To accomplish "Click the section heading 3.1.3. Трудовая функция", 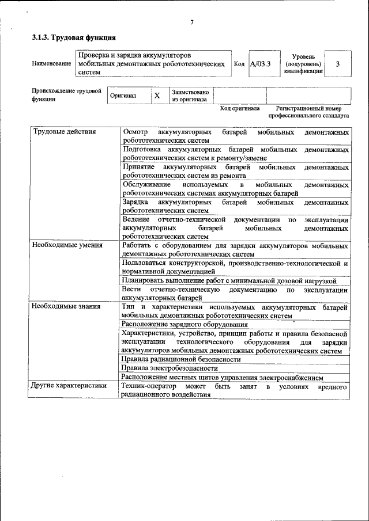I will point(74,38).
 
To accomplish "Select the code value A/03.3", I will point(260,64).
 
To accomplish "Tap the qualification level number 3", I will point(337,64).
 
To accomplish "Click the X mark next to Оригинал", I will point(156,96).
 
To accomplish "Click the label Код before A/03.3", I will point(239,64).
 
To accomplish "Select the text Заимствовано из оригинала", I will point(190,96).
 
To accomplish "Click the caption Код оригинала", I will point(240,108).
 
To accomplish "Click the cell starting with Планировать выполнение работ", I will point(229,280).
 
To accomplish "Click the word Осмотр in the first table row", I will point(135,132).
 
